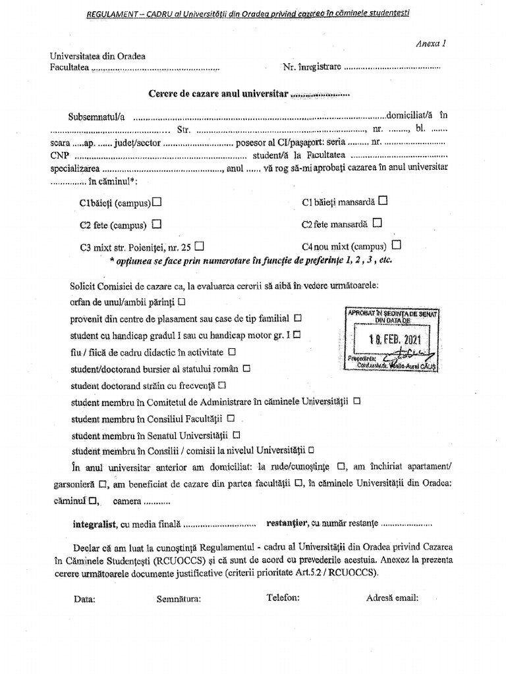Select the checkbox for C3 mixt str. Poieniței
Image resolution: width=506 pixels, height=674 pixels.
click(x=199, y=246)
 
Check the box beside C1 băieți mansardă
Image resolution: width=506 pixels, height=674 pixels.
click(x=383, y=200)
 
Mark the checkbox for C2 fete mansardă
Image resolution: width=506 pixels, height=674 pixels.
click(x=377, y=222)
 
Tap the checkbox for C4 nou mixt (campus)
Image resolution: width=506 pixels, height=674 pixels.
click(x=396, y=245)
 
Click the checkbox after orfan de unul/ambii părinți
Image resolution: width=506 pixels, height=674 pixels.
click(x=181, y=301)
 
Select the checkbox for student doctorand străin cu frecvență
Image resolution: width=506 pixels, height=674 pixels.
click(x=222, y=384)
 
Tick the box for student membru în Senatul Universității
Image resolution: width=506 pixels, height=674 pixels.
click(x=237, y=434)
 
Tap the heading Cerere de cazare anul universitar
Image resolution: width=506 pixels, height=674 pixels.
click(x=218, y=93)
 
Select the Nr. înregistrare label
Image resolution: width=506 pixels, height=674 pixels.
click(x=312, y=67)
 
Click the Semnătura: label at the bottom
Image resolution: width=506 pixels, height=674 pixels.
click(x=179, y=598)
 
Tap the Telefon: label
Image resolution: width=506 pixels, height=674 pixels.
click(x=283, y=598)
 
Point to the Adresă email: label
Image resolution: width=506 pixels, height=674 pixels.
click(x=392, y=598)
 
